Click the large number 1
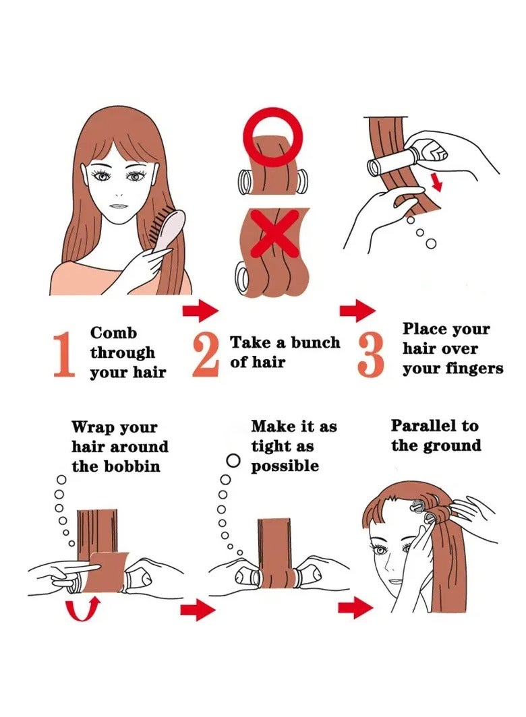[x=65, y=354]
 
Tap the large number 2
[x=205, y=354]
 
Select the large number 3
[x=370, y=354]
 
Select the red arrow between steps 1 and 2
[x=200, y=311]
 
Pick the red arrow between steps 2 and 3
[x=357, y=311]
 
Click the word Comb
[x=113, y=332]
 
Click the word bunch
[x=316, y=342]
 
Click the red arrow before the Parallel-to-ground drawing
[x=355, y=608]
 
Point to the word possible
[x=285, y=466]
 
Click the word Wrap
[x=92, y=427]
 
